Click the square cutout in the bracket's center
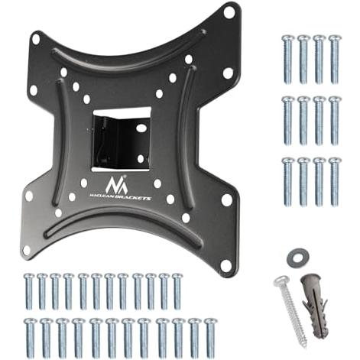point(122,139)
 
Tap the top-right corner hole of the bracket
point(229,11)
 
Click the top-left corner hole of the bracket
point(36,38)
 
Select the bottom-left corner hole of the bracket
point(26,250)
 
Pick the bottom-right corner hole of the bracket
point(225,265)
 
